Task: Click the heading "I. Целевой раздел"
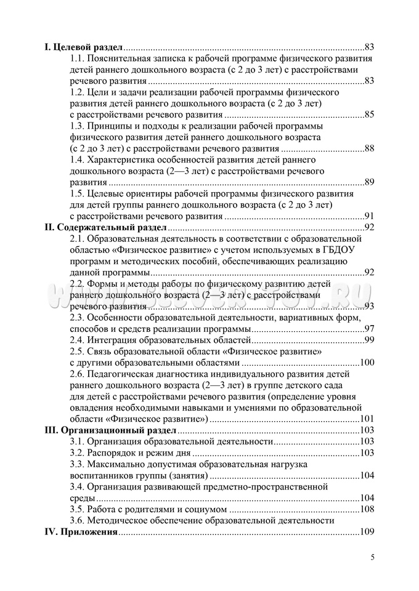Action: point(83,47)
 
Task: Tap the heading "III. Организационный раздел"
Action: point(111,430)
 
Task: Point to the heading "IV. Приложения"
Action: point(81,531)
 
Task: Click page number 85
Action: point(369,115)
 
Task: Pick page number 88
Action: point(369,148)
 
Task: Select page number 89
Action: point(369,182)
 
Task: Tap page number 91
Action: point(369,216)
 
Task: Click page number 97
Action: point(369,329)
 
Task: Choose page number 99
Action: point(369,340)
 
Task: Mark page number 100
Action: point(367,363)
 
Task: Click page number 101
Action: point(367,419)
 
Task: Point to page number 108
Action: point(367,509)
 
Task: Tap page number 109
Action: point(367,531)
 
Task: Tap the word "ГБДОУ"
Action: point(343,250)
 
